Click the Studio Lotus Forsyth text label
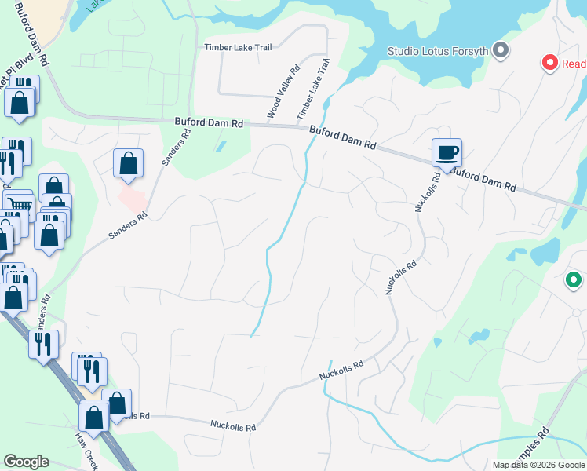[438, 52]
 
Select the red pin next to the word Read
[550, 62]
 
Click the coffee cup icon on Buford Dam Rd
[447, 152]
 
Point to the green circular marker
[574, 279]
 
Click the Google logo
[26, 462]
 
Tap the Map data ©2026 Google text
[538, 465]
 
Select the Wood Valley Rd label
[284, 92]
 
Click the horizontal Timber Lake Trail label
[238, 47]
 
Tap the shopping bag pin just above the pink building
[128, 164]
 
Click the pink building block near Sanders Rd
[131, 194]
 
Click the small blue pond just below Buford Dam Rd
[221, 146]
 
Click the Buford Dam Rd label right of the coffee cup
[484, 178]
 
